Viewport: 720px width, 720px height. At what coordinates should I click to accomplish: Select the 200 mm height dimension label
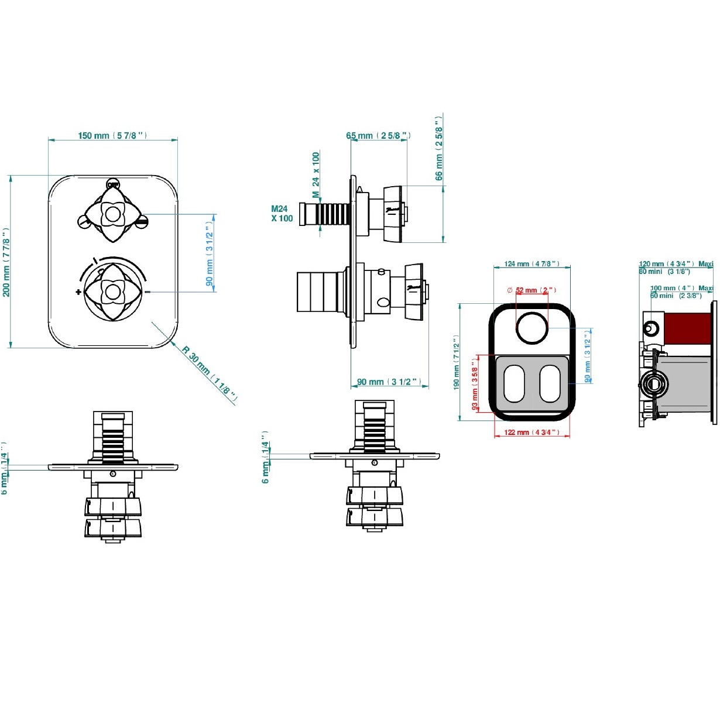(6, 262)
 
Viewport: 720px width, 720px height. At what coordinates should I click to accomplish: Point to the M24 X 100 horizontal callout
(282, 214)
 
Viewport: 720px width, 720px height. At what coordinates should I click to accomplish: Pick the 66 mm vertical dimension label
(439, 148)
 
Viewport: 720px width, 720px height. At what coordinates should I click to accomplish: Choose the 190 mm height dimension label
(456, 362)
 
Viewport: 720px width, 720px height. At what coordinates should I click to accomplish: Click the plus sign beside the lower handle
(78, 292)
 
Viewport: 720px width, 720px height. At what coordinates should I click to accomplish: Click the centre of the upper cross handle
(112, 214)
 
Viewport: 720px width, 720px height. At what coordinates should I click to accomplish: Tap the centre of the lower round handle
(112, 291)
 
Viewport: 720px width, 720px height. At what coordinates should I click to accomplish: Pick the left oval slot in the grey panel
(515, 384)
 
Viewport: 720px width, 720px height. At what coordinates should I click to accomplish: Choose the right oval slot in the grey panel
(550, 384)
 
